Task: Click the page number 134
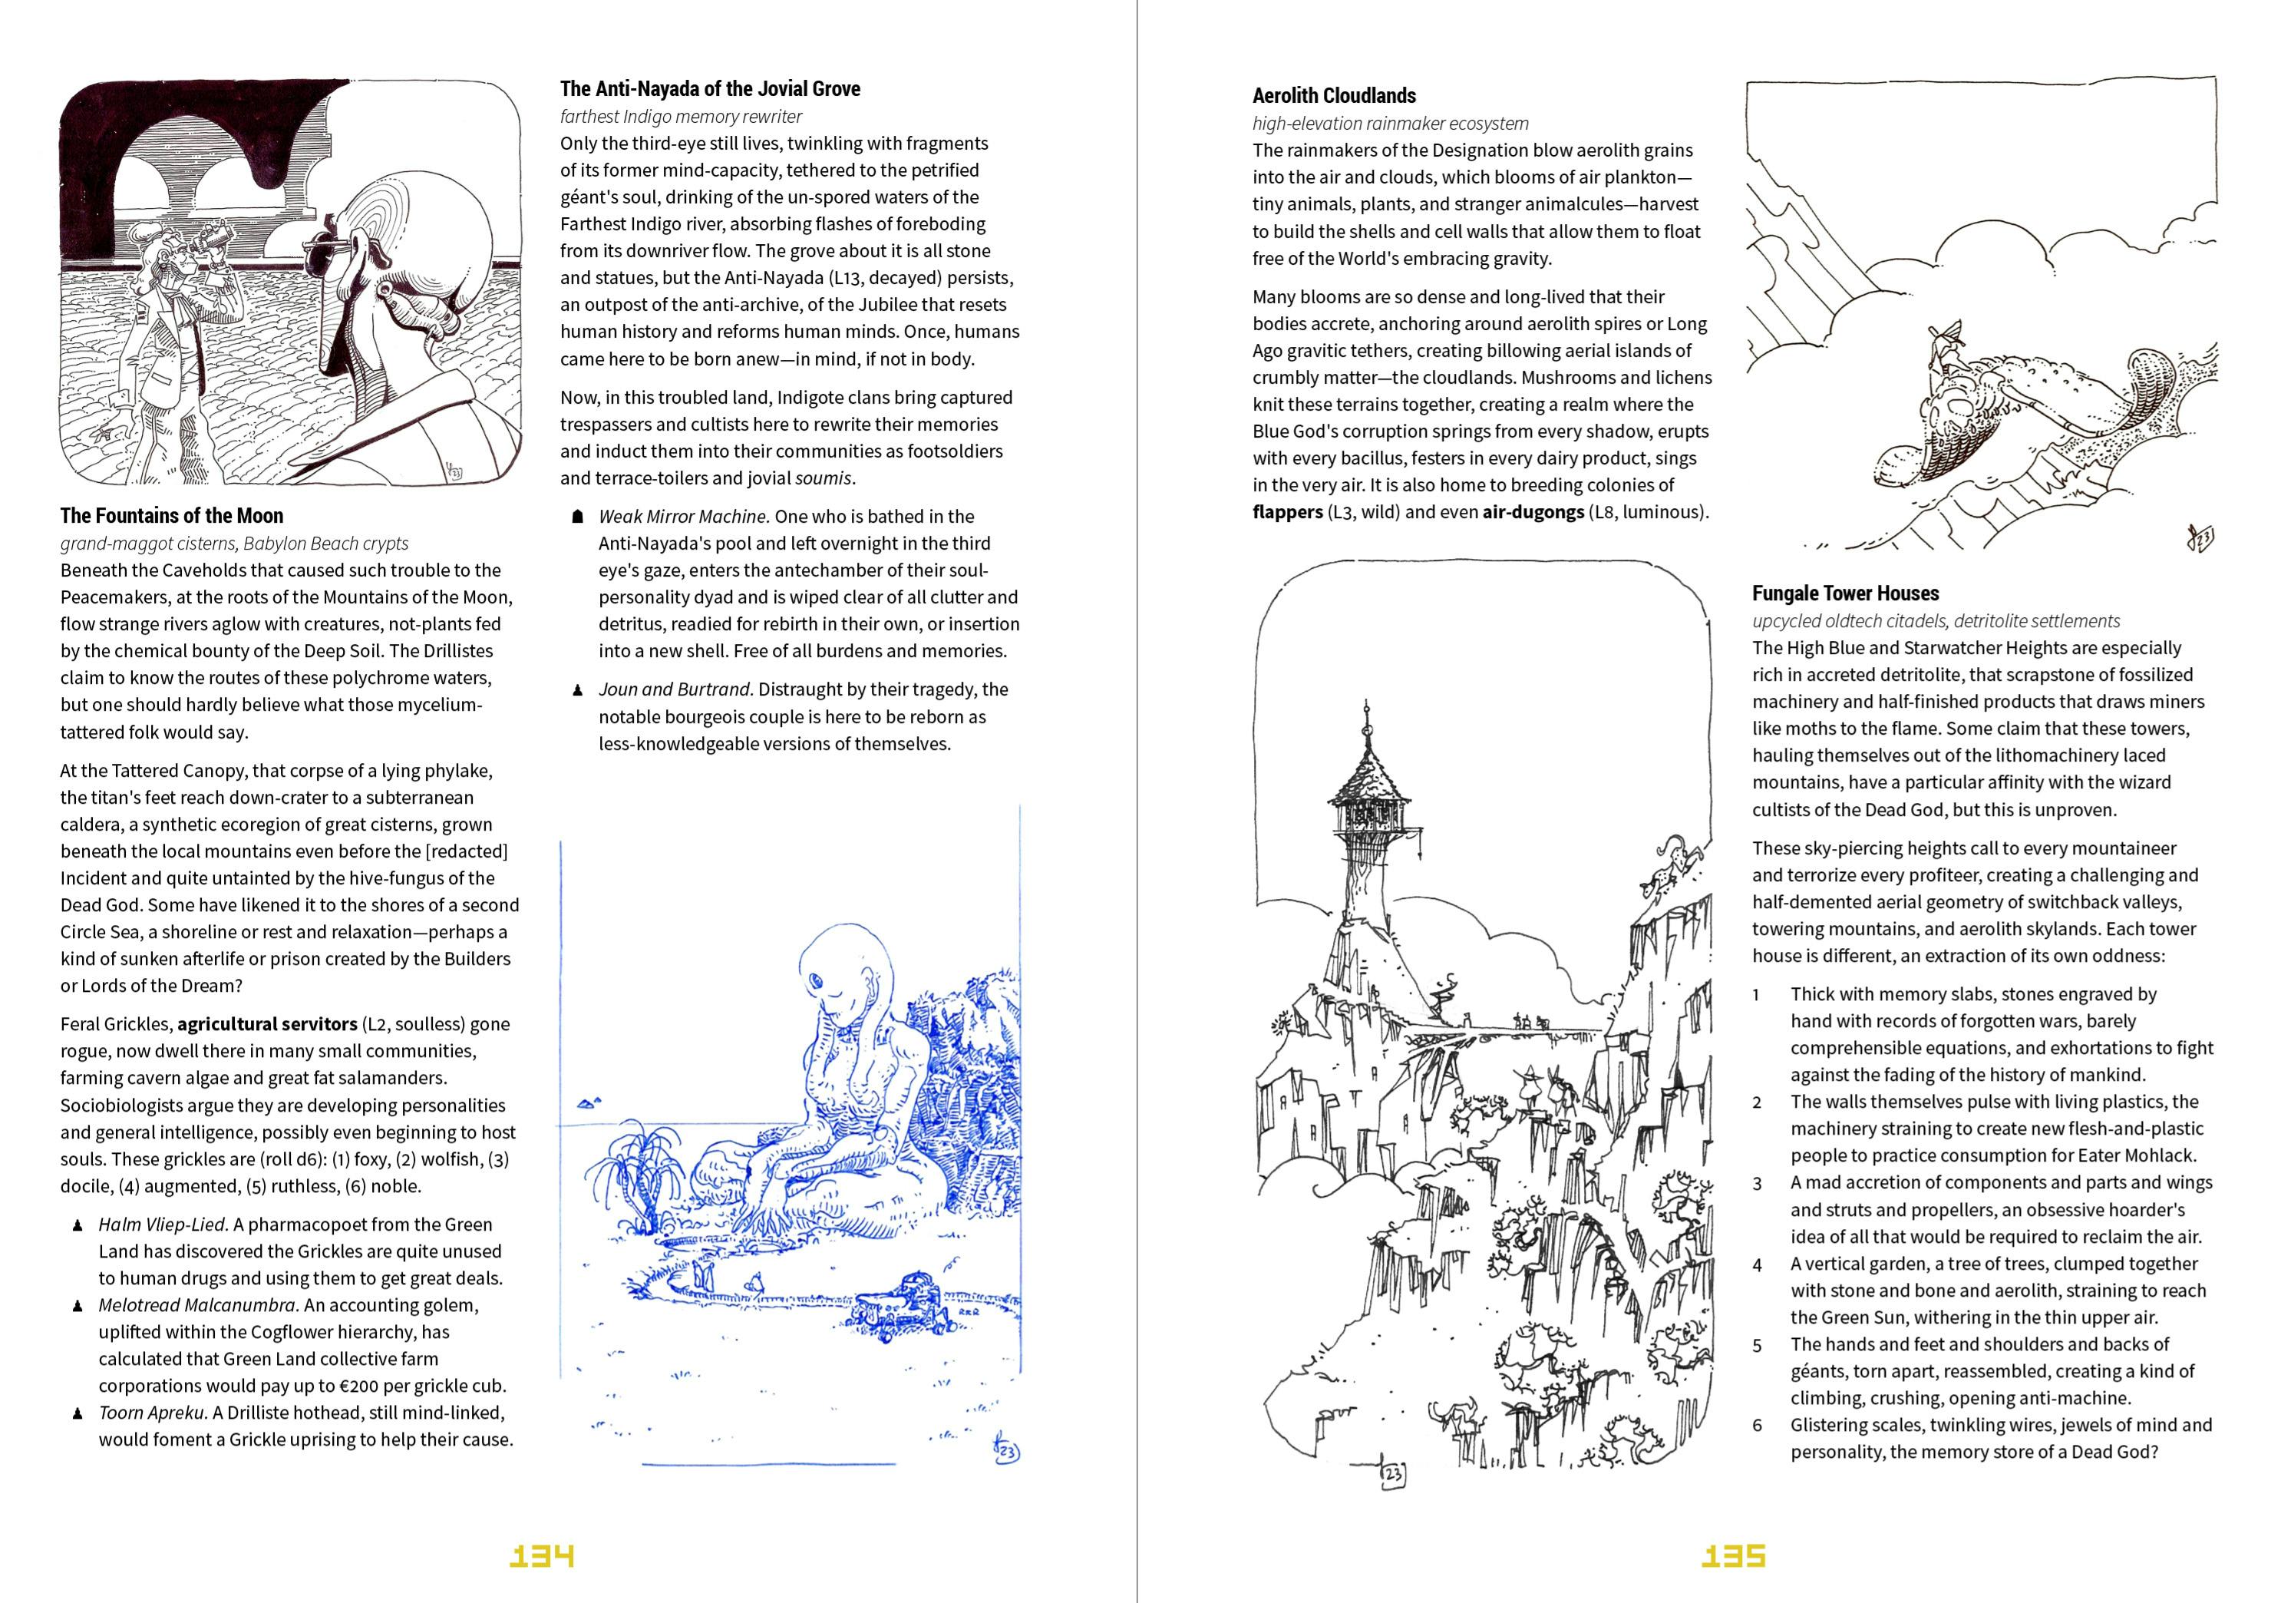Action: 541,1555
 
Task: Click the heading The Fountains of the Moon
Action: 172,516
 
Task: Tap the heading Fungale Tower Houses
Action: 1845,594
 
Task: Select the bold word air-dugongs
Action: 1532,513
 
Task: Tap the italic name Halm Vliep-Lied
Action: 162,1225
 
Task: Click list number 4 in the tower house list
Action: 1757,1265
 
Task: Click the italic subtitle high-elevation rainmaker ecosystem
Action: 1390,124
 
